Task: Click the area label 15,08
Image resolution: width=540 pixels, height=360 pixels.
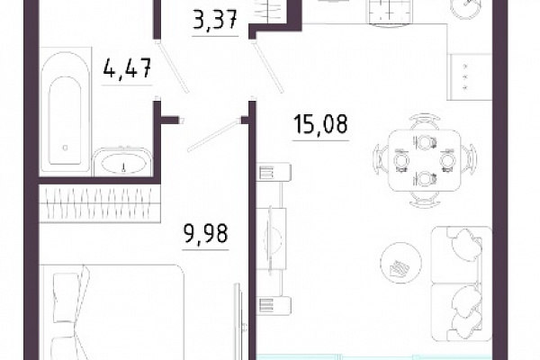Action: (320, 124)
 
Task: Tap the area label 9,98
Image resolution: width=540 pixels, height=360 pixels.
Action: (205, 234)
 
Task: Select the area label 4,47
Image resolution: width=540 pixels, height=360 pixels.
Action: (128, 68)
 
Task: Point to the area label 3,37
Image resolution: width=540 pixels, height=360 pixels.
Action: (215, 20)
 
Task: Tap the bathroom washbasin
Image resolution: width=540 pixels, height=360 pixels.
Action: (123, 163)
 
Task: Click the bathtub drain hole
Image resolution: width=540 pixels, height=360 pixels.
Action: (65, 148)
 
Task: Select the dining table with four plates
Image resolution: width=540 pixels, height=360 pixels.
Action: (425, 160)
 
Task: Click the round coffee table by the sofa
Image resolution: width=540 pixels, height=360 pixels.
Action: (400, 263)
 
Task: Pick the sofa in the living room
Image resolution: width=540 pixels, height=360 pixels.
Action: (462, 283)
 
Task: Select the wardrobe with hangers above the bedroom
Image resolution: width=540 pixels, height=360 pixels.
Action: (100, 203)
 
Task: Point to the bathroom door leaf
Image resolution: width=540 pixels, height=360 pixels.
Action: (173, 67)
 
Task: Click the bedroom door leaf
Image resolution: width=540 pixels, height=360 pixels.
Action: (214, 135)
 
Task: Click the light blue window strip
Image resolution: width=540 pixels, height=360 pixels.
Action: (374, 357)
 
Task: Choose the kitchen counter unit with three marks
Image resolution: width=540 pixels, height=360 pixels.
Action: (470, 76)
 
